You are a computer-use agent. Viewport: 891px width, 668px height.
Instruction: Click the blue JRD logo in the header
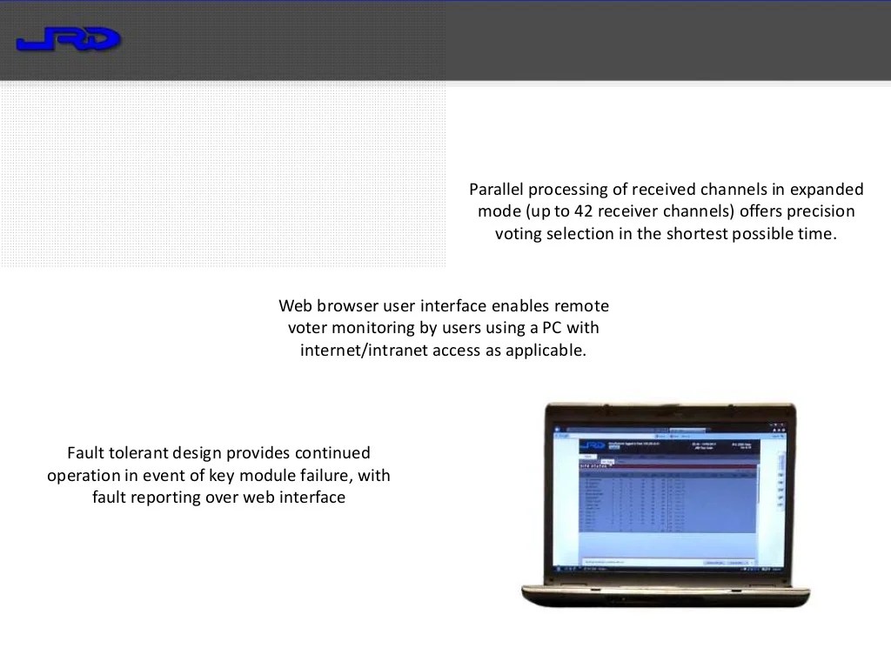coord(68,40)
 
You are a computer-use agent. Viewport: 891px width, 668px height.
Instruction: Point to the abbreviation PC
coord(553,329)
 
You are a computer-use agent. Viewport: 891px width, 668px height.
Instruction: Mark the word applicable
coord(545,351)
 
